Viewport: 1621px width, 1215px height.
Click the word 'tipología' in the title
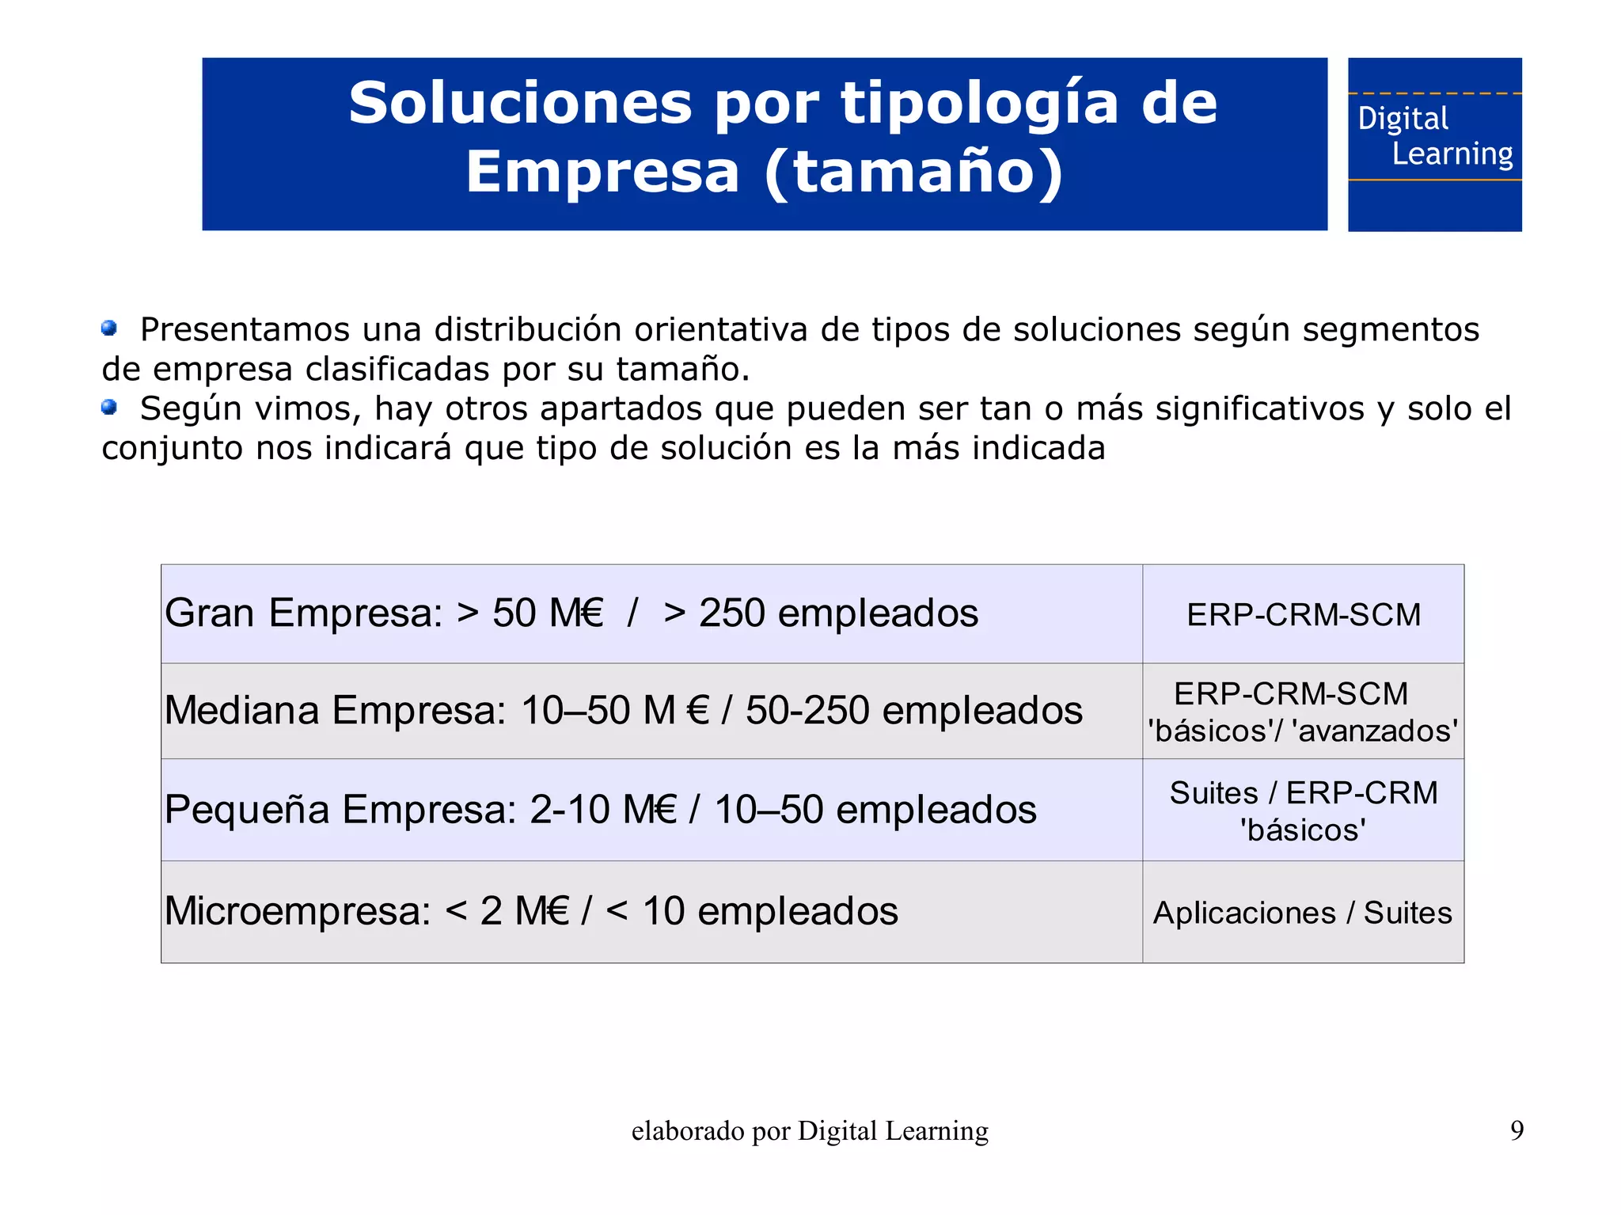point(980,104)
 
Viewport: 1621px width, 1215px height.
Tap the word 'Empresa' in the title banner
point(603,173)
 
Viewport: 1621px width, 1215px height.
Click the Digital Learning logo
point(1434,144)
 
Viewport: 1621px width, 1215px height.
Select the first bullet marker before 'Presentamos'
point(109,328)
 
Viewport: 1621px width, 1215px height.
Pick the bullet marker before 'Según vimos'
point(109,407)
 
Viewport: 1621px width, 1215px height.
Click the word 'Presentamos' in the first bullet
point(245,330)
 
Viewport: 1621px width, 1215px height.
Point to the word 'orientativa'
point(721,330)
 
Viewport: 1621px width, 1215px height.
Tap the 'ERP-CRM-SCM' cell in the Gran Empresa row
point(1303,615)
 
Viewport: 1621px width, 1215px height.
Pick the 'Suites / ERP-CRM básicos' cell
point(1303,811)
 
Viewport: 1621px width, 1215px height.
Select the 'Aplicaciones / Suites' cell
point(1303,913)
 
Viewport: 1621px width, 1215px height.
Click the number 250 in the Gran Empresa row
point(731,613)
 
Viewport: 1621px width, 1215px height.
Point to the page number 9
point(1517,1130)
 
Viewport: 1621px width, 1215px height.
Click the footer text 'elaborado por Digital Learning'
point(810,1131)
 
